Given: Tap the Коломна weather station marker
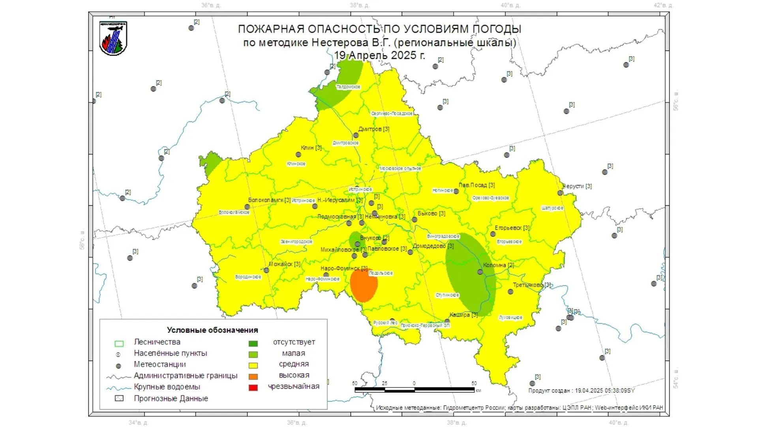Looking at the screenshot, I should coord(480,272).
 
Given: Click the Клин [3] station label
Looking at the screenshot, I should coord(311,148).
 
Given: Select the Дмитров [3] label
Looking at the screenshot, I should coord(373,129).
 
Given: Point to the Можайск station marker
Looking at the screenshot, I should coord(266,270).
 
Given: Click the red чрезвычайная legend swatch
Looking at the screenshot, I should coord(253,387).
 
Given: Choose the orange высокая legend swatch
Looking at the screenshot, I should coord(253,376).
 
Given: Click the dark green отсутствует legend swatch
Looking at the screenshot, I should coord(253,343).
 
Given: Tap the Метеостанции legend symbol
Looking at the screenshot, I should coord(118,366).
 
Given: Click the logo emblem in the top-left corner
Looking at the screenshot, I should coord(113,38).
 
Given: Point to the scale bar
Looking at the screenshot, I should coord(415,390).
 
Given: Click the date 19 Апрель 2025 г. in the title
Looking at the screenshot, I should coord(379,55).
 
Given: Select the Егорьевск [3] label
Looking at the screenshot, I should coord(512,228).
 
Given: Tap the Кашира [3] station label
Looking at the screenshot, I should coord(463,315).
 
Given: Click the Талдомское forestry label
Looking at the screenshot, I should coord(348,87).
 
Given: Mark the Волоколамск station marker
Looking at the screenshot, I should coord(247,207).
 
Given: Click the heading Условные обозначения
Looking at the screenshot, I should coord(212,330).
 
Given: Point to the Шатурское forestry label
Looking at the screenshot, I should coord(552,208).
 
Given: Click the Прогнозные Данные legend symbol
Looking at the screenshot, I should coord(119,399).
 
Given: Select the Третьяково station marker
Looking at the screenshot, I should coord(510,292).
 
